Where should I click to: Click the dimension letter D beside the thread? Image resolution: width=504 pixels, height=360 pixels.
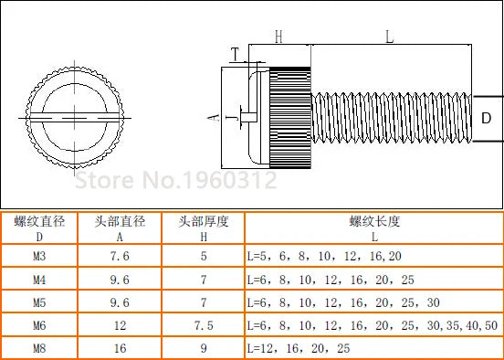[x=487, y=119]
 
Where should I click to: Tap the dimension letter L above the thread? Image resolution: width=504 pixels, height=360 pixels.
[x=389, y=37]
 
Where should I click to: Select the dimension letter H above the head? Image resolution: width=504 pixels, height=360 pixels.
[x=278, y=37]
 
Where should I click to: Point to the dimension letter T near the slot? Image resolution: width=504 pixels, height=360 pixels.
[x=236, y=54]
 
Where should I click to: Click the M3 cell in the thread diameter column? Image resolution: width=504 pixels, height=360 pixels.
[x=39, y=257]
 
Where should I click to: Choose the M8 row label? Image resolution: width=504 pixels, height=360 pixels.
[x=39, y=348]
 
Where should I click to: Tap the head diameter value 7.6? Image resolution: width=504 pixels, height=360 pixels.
[x=120, y=257]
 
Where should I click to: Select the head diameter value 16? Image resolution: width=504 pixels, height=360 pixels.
[x=120, y=348]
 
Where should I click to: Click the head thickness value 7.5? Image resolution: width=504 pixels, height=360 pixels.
[x=204, y=325]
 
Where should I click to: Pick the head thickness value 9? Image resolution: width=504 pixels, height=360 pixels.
[x=204, y=348]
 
